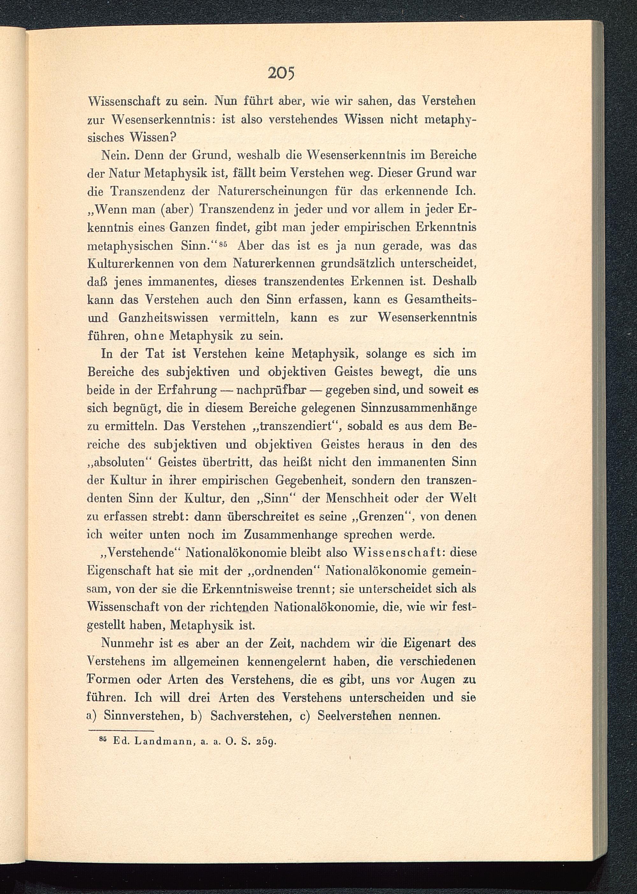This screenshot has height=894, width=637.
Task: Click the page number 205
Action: pos(279,73)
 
